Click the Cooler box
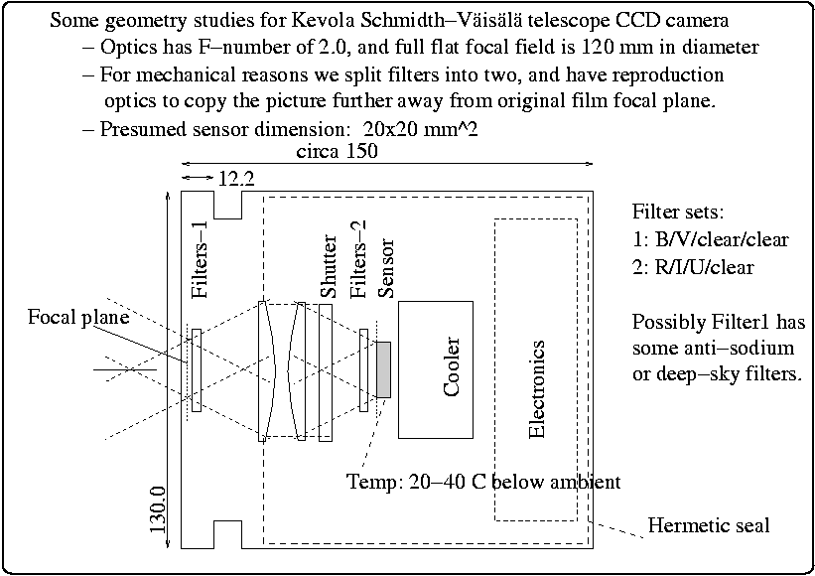436,369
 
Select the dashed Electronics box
537,369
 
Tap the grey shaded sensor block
384,369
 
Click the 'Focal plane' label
78,317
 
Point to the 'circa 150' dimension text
337,152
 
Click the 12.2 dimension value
235,179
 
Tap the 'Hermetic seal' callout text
708,524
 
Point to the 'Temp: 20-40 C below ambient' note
483,482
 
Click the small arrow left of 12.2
197,178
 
